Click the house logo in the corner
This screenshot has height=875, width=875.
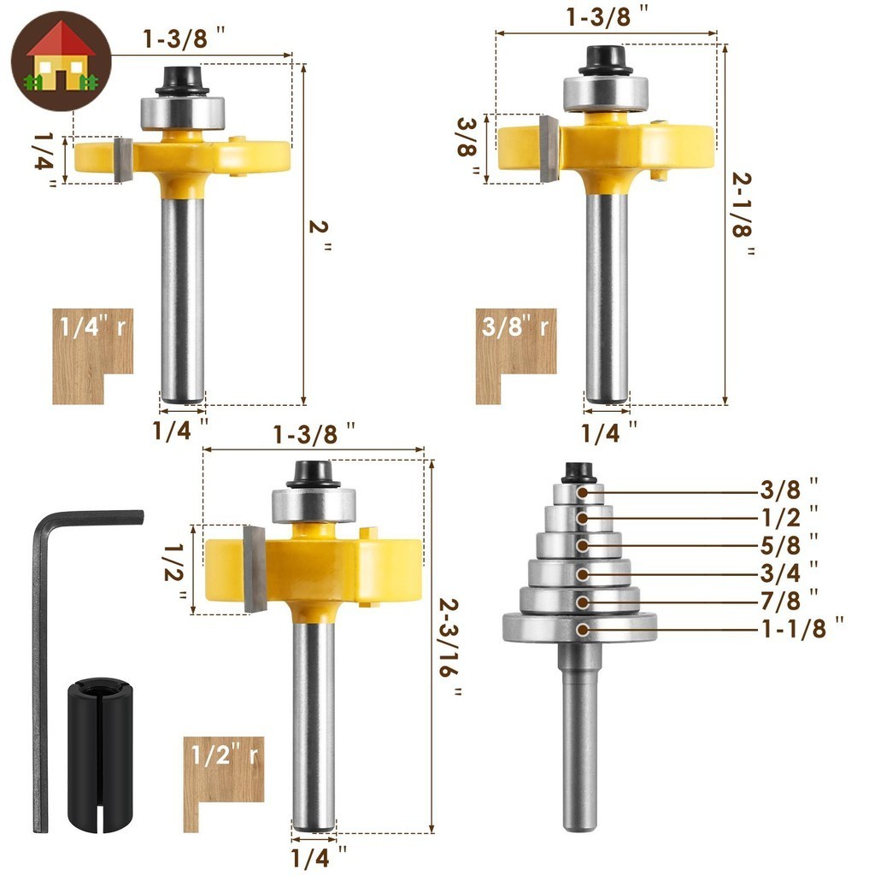tap(62, 61)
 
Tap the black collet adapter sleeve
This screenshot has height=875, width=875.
tap(101, 756)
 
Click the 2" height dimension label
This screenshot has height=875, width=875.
tap(320, 234)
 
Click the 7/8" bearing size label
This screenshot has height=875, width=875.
tap(789, 601)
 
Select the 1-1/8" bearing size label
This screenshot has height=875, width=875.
tap(802, 628)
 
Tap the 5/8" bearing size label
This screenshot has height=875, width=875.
tap(789, 545)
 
